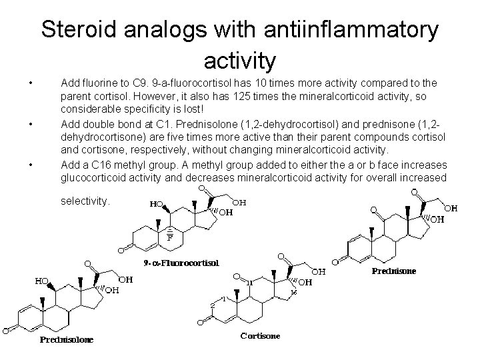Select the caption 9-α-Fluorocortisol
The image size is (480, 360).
pyautogui.click(x=181, y=263)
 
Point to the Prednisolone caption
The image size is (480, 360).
pyautogui.click(x=66, y=339)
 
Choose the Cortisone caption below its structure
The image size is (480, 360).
pyautogui.click(x=261, y=335)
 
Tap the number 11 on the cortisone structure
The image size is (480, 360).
pyautogui.click(x=249, y=283)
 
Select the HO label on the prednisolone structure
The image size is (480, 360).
pyautogui.click(x=42, y=281)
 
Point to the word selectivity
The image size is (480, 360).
pyautogui.click(x=85, y=200)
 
